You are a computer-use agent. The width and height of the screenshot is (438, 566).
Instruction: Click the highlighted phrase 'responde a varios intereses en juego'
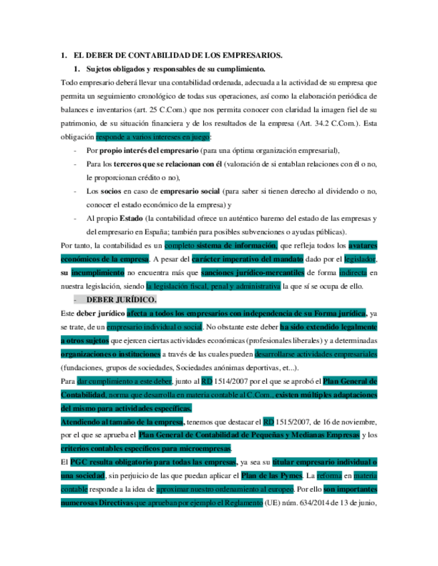click(x=153, y=137)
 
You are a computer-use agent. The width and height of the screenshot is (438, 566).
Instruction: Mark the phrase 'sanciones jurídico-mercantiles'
click(x=253, y=272)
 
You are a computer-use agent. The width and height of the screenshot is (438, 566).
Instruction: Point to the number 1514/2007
click(x=237, y=381)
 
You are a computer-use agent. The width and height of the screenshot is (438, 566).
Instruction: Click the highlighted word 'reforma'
click(x=328, y=476)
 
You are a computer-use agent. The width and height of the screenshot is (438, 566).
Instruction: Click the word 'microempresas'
click(x=202, y=449)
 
